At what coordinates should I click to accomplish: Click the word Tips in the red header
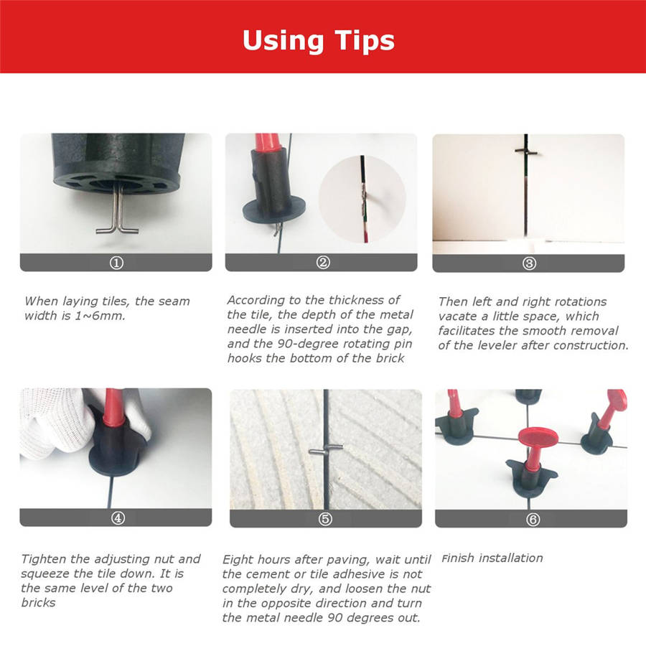[364, 40]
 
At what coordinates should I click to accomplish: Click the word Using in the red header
[283, 40]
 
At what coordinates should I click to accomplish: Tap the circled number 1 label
[116, 263]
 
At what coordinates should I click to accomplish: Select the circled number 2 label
[323, 263]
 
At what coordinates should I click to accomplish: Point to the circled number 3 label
[529, 263]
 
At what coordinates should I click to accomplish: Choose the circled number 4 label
[118, 518]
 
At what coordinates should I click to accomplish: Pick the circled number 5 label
[325, 519]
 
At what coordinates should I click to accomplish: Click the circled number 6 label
[533, 520]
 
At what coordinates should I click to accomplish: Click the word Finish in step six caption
[458, 558]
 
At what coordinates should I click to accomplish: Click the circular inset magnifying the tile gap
[362, 199]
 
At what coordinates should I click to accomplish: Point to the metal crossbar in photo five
[325, 450]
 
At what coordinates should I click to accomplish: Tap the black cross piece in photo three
[526, 151]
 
